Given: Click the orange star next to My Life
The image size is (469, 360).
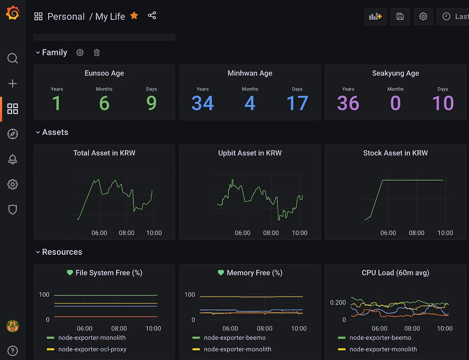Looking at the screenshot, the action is point(134,15).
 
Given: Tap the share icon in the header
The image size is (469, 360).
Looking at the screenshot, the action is point(152,15).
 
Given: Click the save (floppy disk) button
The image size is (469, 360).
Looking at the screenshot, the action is point(400,16).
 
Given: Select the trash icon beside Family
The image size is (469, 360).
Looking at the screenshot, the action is point(97,52).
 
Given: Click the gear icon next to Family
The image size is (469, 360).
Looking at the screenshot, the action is point(80,52).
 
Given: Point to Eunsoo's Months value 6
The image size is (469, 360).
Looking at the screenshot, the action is point(104,103).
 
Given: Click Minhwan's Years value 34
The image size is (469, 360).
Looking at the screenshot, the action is point(203,103).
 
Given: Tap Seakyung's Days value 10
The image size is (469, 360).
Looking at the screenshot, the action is point(443,103).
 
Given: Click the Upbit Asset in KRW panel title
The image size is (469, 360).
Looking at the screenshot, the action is point(250,153).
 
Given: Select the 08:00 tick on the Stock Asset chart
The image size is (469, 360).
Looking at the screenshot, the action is point(417,233).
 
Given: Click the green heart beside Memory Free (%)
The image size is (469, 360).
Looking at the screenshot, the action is point(221,272).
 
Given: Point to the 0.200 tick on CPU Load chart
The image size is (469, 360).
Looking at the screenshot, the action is point(338,302).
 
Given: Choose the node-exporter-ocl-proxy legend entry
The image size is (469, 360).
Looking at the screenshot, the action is point(92,349).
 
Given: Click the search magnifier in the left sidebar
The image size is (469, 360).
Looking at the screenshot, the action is point(12,58).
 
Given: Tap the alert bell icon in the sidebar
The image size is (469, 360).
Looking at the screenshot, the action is point(12,159).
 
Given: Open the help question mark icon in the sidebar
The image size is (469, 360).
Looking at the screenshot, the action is point(12,351).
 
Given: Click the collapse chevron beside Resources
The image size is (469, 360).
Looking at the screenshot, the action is point(38,252).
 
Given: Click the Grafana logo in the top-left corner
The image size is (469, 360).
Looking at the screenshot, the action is point(12,13).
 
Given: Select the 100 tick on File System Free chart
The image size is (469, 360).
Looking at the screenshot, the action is point(44,295).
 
